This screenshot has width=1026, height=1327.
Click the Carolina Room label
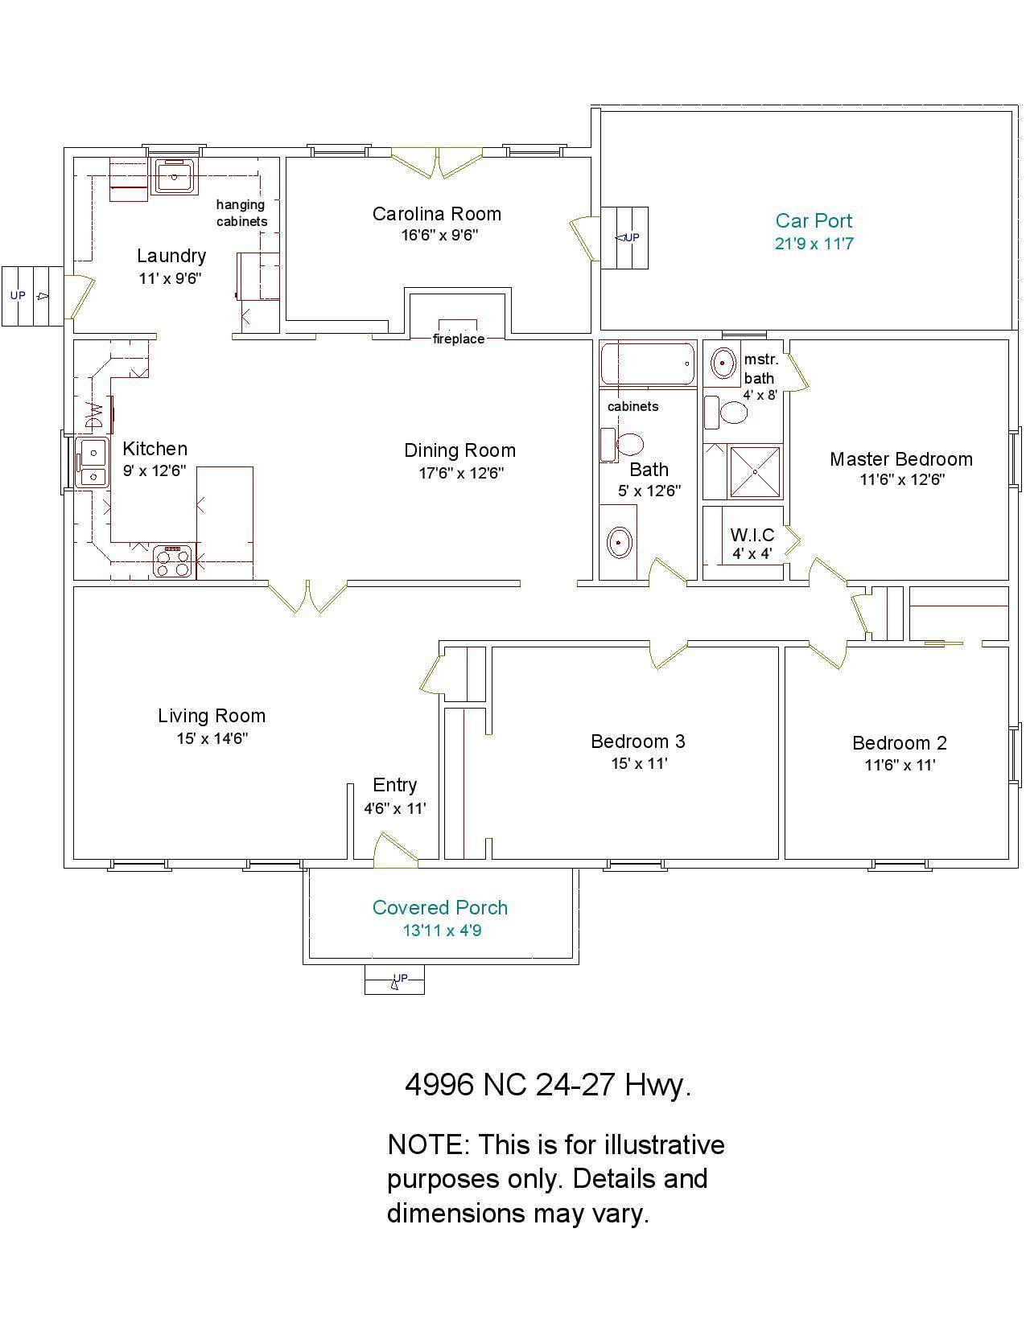point(436,214)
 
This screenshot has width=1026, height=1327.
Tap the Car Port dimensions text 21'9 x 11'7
point(814,244)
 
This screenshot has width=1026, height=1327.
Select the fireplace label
point(459,339)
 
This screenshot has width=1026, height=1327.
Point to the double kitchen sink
point(93,462)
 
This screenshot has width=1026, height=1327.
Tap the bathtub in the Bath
point(648,364)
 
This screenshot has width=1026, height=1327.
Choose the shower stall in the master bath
point(755,472)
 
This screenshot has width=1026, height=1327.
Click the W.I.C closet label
point(752,535)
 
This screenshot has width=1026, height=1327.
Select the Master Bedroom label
point(900,459)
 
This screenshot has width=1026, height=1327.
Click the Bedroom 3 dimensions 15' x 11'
point(639,763)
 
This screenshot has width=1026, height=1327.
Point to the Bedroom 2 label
point(900,743)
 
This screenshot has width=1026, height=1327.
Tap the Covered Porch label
point(440,907)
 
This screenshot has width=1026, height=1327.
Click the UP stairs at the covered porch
point(395,980)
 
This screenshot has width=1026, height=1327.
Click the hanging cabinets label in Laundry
point(242,213)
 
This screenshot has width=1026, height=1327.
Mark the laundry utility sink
point(174,177)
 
